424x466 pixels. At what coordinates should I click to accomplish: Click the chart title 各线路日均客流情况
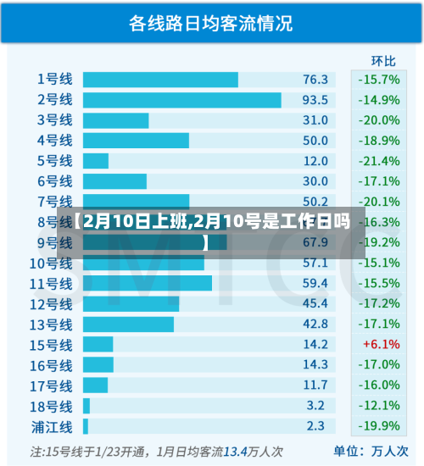211,24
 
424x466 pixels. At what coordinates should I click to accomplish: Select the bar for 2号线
181,100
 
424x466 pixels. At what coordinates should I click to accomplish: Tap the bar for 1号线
160,80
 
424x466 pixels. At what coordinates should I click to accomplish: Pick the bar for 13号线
128,324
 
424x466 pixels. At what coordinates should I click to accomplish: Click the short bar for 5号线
96,161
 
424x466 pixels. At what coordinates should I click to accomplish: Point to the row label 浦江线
52,425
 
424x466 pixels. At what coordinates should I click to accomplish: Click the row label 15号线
52,344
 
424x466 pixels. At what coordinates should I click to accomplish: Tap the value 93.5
315,100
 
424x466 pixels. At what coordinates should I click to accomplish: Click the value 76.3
315,80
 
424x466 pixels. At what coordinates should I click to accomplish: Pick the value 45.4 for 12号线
315,303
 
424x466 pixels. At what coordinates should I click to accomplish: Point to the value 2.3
315,425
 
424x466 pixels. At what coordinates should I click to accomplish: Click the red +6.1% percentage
381,344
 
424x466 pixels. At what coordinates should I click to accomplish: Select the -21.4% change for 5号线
378,161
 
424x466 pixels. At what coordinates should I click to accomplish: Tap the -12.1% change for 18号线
378,405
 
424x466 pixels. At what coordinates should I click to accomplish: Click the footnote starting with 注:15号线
157,451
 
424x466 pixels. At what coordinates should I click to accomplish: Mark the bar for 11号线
148,283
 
